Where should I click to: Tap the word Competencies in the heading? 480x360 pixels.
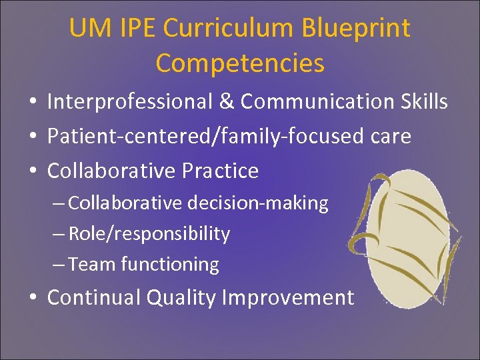pyautogui.click(x=240, y=63)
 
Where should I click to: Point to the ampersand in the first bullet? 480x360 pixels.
pyautogui.click(x=227, y=102)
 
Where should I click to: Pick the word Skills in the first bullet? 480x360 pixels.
pyautogui.click(x=423, y=102)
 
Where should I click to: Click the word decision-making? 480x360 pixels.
pyautogui.click(x=257, y=203)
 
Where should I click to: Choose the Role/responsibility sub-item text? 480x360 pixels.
pyautogui.click(x=149, y=234)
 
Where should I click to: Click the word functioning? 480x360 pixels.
pyautogui.click(x=170, y=265)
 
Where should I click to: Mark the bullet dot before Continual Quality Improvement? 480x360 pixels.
pyautogui.click(x=32, y=298)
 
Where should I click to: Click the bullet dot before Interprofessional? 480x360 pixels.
pyautogui.click(x=32, y=103)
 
